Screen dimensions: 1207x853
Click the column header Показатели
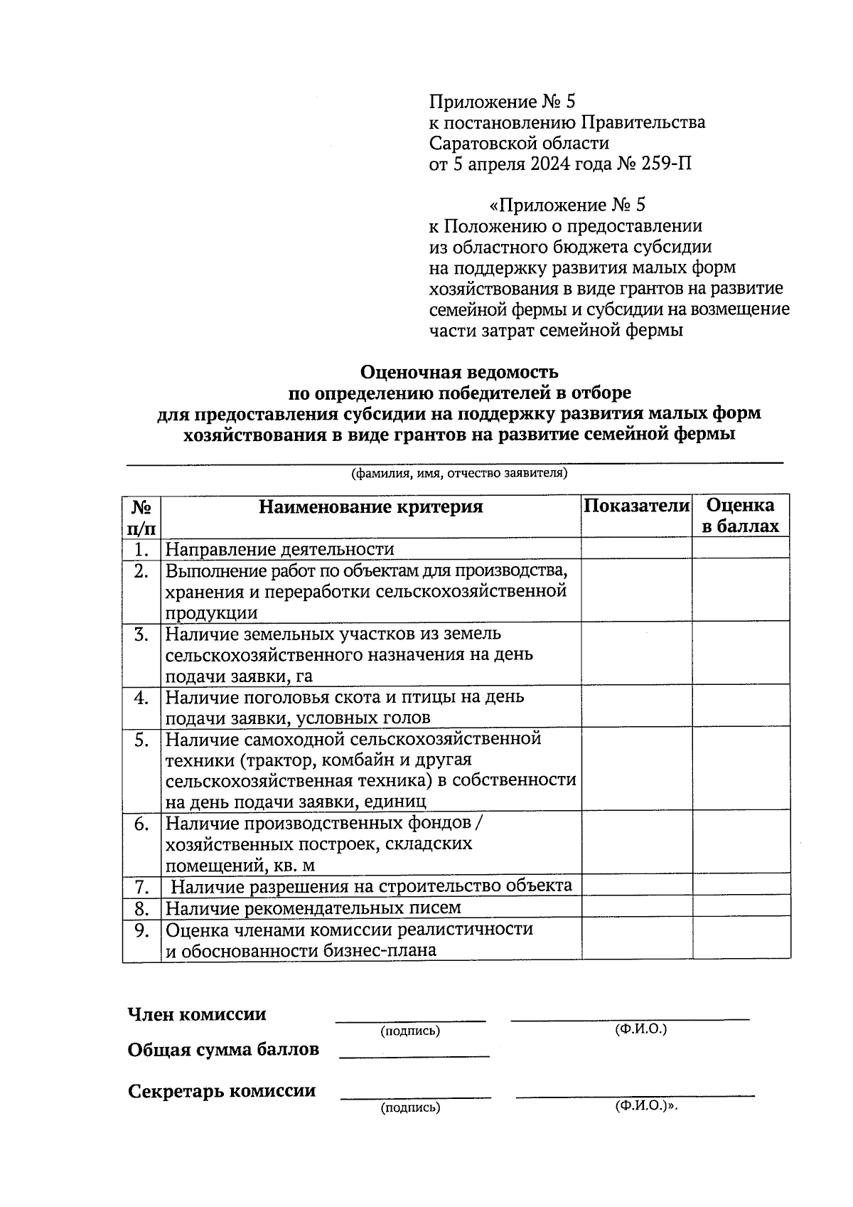(x=636, y=506)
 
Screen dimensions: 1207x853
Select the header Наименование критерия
(x=370, y=506)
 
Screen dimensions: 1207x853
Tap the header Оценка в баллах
(x=740, y=516)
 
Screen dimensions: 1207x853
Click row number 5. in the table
(x=141, y=740)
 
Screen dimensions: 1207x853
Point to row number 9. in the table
(x=141, y=929)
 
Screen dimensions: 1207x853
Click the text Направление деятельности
(x=279, y=549)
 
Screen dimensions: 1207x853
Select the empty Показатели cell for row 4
(x=636, y=707)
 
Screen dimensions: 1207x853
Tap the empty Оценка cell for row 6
(x=741, y=844)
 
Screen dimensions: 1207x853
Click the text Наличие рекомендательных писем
(x=313, y=908)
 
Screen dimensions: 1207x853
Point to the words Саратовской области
(x=519, y=143)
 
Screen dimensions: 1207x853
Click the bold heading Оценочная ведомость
(x=459, y=372)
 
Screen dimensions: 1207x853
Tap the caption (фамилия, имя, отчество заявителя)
(x=459, y=473)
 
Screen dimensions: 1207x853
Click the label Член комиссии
(x=197, y=1014)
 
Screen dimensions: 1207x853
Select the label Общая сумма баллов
(x=223, y=1050)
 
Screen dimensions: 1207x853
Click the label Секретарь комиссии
(x=222, y=1091)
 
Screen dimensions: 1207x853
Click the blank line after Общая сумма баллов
(x=414, y=1054)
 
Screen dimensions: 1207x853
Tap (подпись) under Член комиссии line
(x=410, y=1031)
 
